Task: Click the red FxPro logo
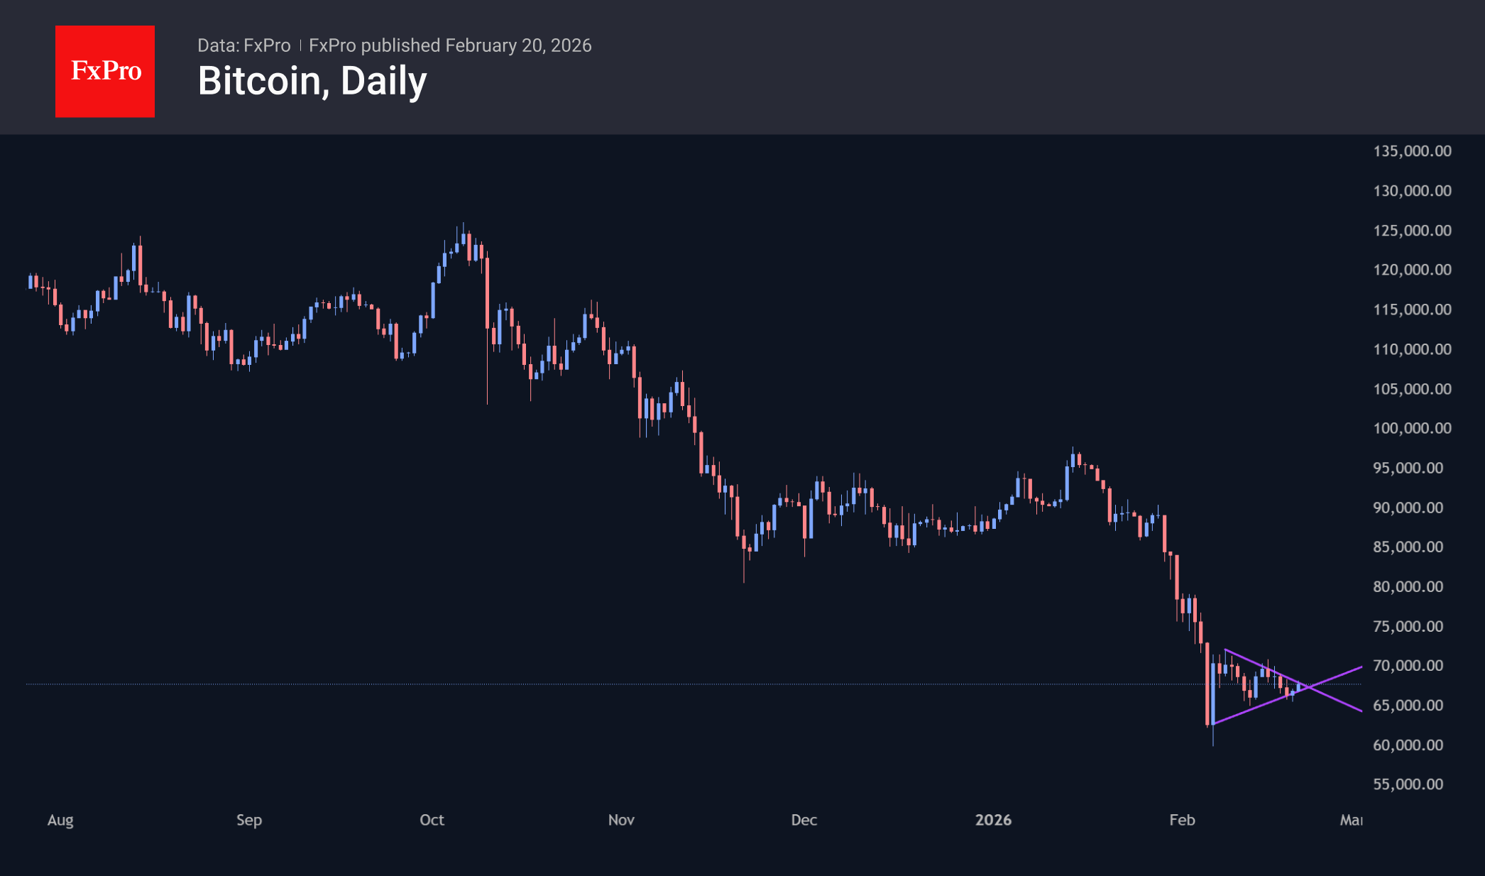105,72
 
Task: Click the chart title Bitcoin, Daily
312,81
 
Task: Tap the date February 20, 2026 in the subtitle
518,45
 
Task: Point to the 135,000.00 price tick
1412,151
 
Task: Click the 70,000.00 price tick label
1408,666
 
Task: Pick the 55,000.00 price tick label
1408,784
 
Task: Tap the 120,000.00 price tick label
1412,270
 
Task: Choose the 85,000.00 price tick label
1408,547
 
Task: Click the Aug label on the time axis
60,820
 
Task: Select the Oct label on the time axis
432,820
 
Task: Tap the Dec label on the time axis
804,820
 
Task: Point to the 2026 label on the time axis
993,820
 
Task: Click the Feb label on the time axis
1182,820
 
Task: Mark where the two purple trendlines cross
1308,687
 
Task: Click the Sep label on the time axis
249,820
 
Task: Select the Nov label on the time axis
621,820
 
